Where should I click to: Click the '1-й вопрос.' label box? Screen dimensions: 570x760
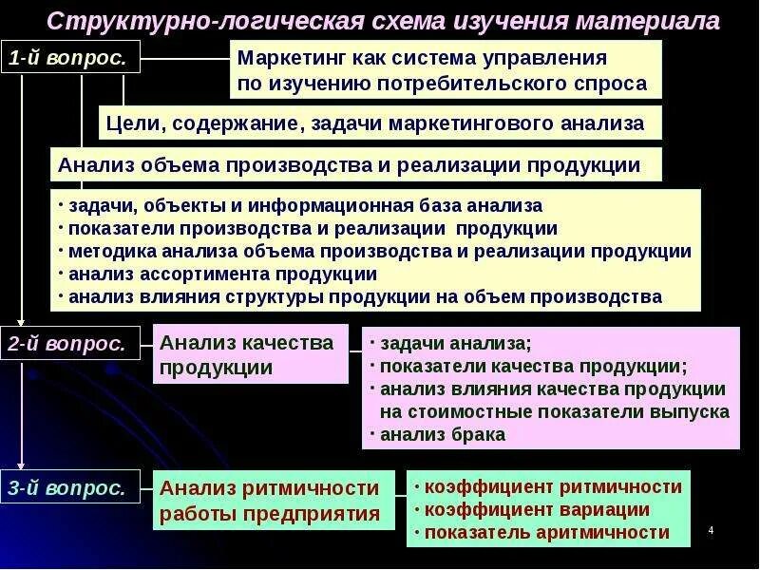point(71,58)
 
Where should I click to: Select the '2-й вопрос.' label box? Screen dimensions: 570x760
point(71,344)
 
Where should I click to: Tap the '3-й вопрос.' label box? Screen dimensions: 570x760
point(71,488)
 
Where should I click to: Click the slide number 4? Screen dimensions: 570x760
point(711,530)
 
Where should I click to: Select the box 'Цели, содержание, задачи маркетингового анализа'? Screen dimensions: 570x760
point(378,123)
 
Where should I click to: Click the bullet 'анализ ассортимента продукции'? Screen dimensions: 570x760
point(223,274)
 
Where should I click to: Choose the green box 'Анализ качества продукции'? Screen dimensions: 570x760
point(249,353)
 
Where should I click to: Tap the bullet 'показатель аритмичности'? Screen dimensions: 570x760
point(546,532)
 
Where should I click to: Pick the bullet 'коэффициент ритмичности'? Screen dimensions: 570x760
point(553,486)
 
